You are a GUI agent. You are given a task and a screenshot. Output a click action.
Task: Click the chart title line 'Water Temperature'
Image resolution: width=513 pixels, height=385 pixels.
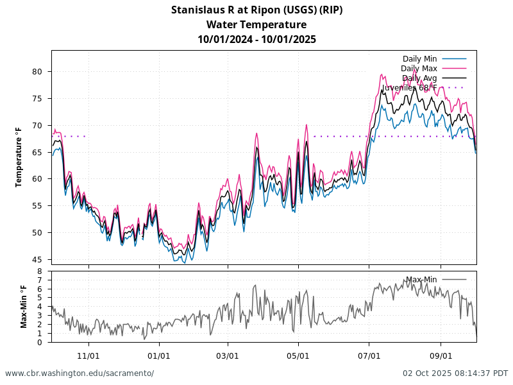[256, 25]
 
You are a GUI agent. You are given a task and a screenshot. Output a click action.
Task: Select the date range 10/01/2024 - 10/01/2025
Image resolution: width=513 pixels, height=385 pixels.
[256, 39]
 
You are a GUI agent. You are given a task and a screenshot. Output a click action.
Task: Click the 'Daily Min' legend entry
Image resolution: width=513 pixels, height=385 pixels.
[419, 59]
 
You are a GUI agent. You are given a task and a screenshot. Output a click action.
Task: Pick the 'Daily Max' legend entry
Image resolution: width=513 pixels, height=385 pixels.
[419, 69]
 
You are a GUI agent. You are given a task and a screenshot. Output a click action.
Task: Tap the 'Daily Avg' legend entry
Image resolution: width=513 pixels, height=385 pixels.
[419, 78]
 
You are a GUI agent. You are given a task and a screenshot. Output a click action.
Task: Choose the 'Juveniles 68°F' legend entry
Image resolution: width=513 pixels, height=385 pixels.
[410, 87]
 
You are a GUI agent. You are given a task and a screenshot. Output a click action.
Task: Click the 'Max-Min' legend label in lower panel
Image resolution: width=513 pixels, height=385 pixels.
[421, 280]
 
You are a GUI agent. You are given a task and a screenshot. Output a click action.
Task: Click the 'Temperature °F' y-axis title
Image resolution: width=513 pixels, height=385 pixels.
[19, 157]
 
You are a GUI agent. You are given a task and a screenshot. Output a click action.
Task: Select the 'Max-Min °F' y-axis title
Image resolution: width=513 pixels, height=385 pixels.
[24, 307]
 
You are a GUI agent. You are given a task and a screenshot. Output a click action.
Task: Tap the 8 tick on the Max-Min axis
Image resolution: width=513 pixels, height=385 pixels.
[40, 271]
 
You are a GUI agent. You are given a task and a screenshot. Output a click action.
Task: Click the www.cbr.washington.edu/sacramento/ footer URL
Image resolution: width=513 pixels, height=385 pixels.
[80, 373]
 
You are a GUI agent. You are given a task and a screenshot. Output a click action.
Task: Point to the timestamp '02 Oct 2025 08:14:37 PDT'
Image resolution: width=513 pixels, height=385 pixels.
[455, 373]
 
